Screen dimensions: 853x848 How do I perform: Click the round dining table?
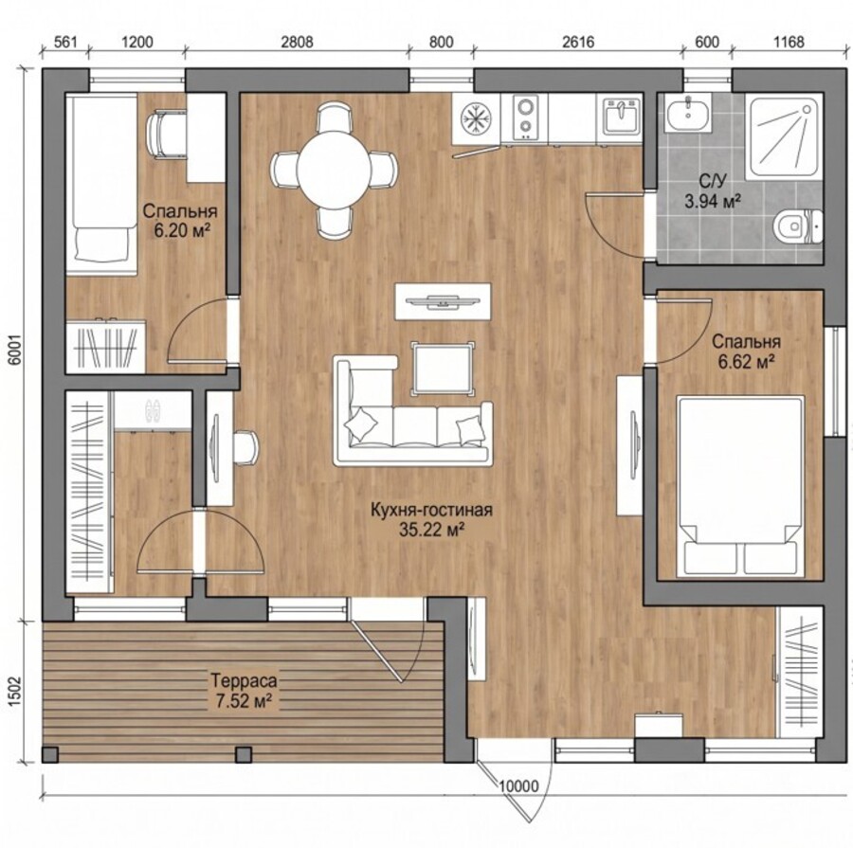(x=334, y=170)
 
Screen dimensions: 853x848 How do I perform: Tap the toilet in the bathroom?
(x=798, y=226)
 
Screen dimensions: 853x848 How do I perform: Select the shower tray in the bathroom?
(x=785, y=136)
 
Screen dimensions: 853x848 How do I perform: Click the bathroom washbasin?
(x=688, y=113)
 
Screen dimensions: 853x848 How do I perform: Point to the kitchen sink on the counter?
(x=619, y=115)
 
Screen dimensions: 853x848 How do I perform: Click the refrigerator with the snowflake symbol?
(x=476, y=118)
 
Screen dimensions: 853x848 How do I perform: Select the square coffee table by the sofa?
(x=443, y=368)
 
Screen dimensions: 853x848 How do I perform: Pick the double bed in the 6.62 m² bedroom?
(x=740, y=486)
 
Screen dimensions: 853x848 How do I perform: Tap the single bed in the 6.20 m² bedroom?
(x=100, y=185)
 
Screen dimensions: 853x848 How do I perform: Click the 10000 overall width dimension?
(x=517, y=785)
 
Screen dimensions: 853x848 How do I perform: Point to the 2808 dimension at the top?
(x=297, y=42)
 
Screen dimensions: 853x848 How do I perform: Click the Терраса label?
(x=244, y=680)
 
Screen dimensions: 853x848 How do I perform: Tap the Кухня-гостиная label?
(x=431, y=510)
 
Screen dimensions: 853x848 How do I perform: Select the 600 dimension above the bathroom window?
(x=707, y=42)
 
